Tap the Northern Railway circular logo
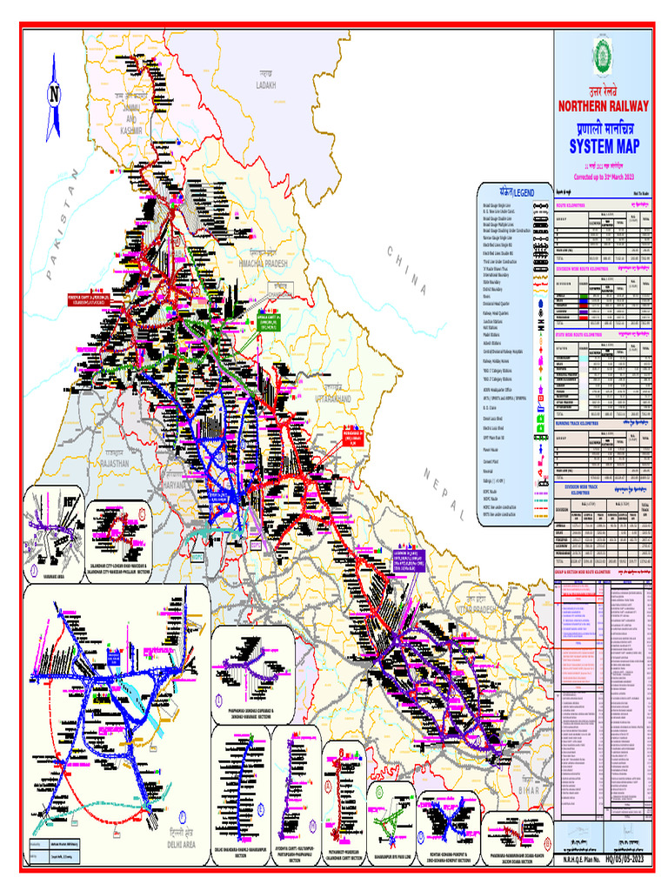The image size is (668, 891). pos(602,59)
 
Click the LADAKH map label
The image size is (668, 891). pos(264,86)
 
